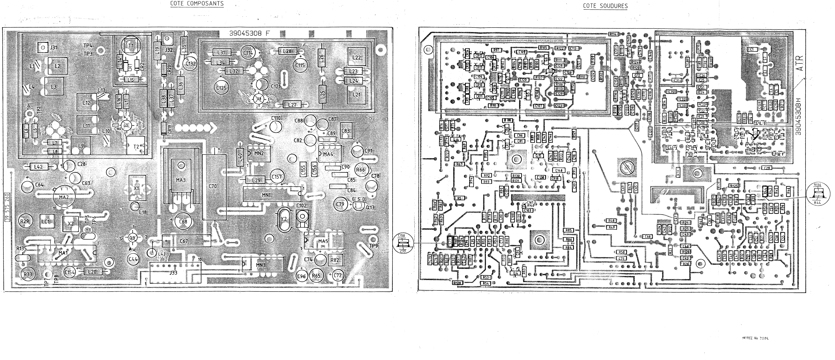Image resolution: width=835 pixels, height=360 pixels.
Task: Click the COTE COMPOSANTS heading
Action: point(197,4)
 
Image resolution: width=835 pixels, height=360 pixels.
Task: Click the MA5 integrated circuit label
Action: point(323,241)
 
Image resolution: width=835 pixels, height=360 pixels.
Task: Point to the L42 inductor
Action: point(38,167)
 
